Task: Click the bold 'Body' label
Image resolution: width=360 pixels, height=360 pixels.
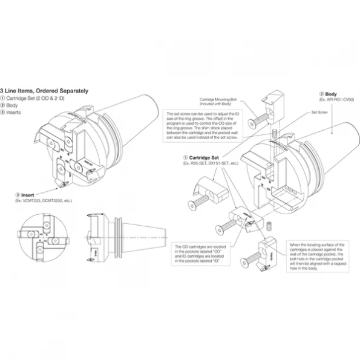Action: click(331, 94)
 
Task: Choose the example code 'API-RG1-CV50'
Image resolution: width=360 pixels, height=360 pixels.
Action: click(336, 100)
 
